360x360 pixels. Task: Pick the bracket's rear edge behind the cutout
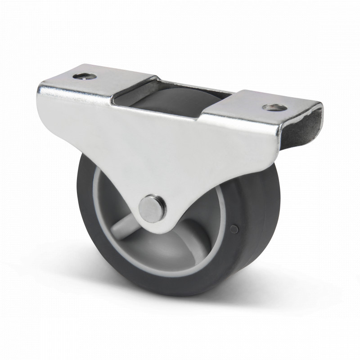pos(198,85)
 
